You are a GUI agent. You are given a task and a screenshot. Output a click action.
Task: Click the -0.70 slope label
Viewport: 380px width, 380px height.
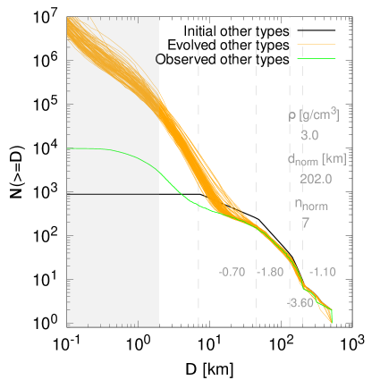tap(232, 272)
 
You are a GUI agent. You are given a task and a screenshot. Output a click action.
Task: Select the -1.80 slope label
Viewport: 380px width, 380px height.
tap(270, 272)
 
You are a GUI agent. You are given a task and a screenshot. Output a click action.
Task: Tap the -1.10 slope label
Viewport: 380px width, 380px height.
tap(322, 272)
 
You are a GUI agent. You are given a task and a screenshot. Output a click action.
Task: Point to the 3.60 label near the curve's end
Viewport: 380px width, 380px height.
tap(301, 303)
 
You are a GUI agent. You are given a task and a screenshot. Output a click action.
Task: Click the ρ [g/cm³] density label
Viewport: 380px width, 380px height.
tap(314, 115)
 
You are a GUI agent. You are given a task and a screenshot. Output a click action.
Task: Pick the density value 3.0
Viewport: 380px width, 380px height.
tap(309, 135)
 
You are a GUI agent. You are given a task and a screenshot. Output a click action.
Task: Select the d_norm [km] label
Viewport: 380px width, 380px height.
tap(317, 159)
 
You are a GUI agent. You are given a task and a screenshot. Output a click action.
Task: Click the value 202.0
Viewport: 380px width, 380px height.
tap(316, 179)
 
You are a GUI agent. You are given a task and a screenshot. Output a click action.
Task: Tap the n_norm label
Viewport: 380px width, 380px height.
tap(311, 205)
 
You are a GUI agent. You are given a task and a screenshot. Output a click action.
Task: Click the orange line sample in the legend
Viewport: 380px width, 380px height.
tap(317, 44)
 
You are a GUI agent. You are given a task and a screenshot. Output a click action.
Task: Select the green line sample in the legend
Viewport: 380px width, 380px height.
tap(317, 59)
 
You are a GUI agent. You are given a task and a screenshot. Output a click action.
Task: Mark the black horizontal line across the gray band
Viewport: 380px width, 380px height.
tap(113, 193)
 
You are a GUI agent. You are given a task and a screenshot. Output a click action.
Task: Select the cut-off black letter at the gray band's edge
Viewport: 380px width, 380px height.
tap(158, 59)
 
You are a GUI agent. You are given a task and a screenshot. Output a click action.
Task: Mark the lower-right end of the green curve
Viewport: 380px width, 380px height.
tap(332, 318)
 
